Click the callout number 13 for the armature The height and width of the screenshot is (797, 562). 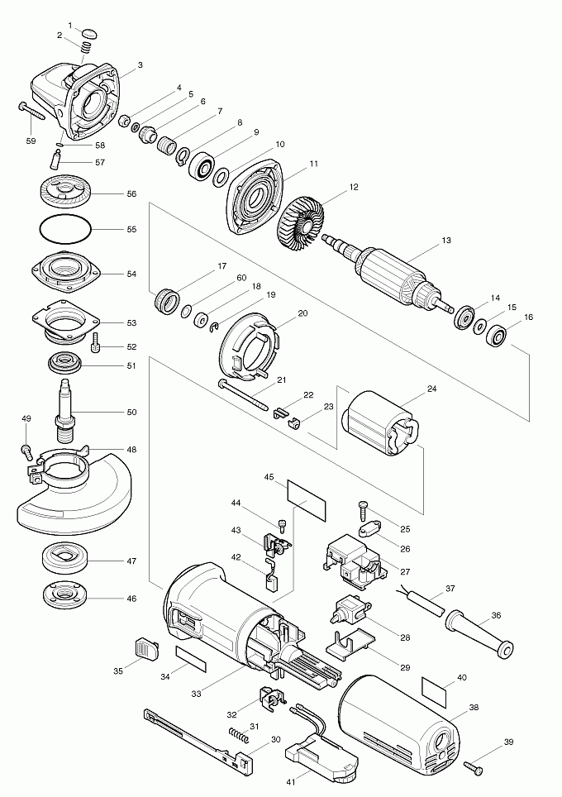point(446,241)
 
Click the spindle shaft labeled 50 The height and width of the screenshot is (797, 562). point(65,409)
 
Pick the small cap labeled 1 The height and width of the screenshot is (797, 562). point(90,33)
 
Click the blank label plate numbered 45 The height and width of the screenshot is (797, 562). point(306,494)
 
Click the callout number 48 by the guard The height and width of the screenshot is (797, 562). point(131,450)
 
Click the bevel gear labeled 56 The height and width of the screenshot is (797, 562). point(65,194)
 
